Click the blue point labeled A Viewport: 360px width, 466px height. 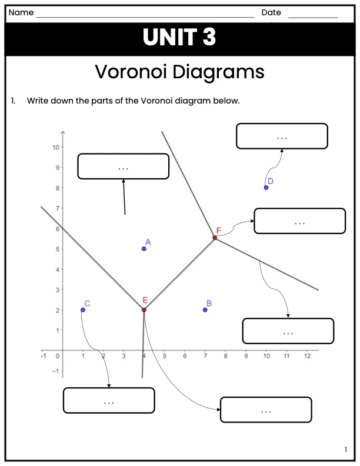(x=144, y=249)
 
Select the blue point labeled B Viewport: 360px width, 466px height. (x=205, y=310)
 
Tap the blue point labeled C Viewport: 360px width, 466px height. (x=83, y=310)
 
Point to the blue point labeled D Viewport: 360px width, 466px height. (x=266, y=188)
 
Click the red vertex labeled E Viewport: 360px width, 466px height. (x=144, y=310)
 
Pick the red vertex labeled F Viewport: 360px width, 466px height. (x=215, y=238)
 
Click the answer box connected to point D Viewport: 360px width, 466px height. (x=282, y=136)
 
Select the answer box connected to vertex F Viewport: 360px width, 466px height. (x=299, y=221)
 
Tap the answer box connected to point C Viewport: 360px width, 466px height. (x=109, y=400)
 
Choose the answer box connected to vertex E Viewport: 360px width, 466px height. (x=266, y=410)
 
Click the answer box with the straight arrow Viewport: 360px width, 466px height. (x=124, y=167)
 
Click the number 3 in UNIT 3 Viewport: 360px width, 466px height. (x=209, y=37)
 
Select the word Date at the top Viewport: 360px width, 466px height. (x=271, y=12)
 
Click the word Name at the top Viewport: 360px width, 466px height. (x=21, y=12)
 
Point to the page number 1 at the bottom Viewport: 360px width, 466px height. (x=345, y=450)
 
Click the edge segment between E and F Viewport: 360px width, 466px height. (x=179, y=274)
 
